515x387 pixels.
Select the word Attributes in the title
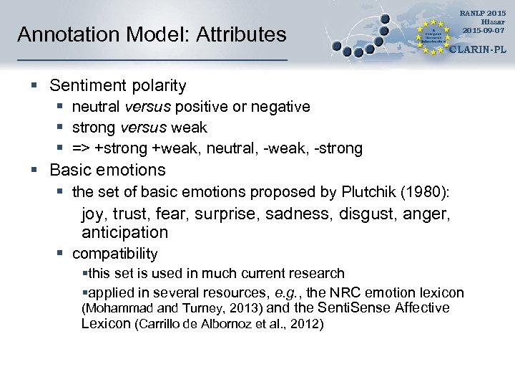[x=239, y=34]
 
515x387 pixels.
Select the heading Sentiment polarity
[x=118, y=86]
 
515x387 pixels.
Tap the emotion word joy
[x=93, y=213]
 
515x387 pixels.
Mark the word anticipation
[x=124, y=232]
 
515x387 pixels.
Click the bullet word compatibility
[x=115, y=254]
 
